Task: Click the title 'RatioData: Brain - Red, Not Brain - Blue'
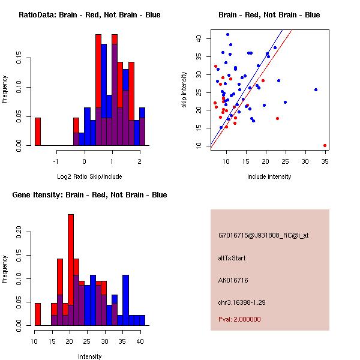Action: (x=89, y=15)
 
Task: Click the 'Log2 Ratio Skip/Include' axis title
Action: (x=89, y=177)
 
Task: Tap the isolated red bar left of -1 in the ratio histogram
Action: (x=37, y=131)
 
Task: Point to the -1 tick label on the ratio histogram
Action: (x=56, y=161)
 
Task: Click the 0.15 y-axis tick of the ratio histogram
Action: (x=20, y=60)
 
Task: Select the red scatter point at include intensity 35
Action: (x=325, y=145)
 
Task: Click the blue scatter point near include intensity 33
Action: (x=316, y=89)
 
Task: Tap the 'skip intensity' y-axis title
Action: (x=184, y=91)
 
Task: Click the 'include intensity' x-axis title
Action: (x=269, y=177)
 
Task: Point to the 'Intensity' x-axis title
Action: (x=89, y=357)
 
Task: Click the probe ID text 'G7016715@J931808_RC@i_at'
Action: (x=263, y=236)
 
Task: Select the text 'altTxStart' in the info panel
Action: (x=232, y=258)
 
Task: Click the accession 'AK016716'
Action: (x=233, y=280)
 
